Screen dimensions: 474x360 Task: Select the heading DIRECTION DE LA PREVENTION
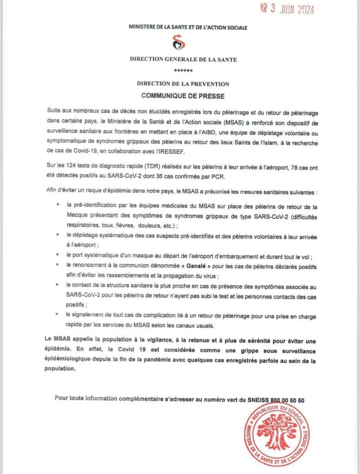[x=183, y=84]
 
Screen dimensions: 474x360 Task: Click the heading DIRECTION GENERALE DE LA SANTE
[x=184, y=60]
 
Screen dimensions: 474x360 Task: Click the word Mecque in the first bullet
[x=77, y=217]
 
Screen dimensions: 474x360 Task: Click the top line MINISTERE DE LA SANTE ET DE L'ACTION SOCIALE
[x=188, y=28]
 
